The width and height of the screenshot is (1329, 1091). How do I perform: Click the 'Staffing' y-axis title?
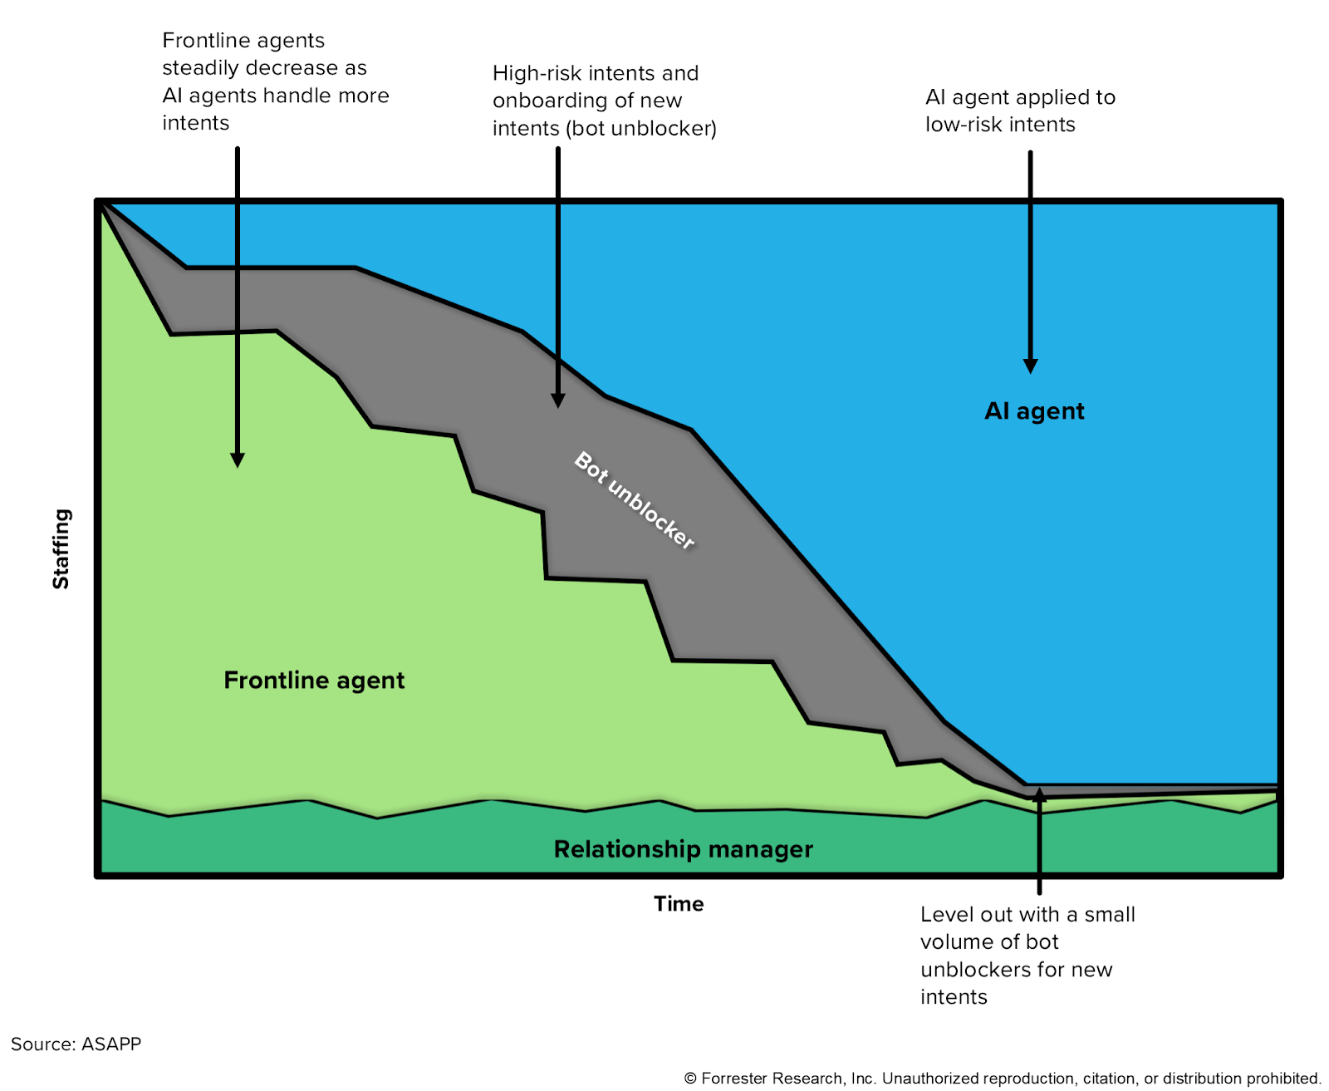pyautogui.click(x=61, y=549)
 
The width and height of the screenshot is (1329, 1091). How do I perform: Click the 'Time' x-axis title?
pyautogui.click(x=679, y=904)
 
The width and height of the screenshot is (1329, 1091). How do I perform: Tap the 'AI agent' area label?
pyautogui.click(x=1034, y=411)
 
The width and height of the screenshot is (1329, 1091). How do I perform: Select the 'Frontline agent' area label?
pyautogui.click(x=314, y=681)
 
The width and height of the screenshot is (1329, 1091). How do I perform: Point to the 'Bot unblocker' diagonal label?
pyautogui.click(x=635, y=501)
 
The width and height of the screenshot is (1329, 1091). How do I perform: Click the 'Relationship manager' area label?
pyautogui.click(x=683, y=849)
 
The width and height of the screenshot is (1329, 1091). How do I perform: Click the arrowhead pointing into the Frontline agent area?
pyautogui.click(x=238, y=460)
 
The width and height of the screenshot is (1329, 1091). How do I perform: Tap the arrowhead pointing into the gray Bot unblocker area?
pyautogui.click(x=558, y=401)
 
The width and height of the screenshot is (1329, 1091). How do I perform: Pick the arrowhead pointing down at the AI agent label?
pyautogui.click(x=1030, y=366)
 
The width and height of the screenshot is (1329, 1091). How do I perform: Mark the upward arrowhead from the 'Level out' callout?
pyautogui.click(x=1039, y=795)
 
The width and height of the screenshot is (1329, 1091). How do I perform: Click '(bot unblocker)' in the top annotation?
pyautogui.click(x=639, y=129)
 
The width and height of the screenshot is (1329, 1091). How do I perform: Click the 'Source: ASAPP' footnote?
pyautogui.click(x=76, y=1044)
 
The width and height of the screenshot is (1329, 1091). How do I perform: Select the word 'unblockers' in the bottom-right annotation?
pyautogui.click(x=971, y=970)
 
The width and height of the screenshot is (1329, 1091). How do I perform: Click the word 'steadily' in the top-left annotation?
pyautogui.click(x=200, y=68)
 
